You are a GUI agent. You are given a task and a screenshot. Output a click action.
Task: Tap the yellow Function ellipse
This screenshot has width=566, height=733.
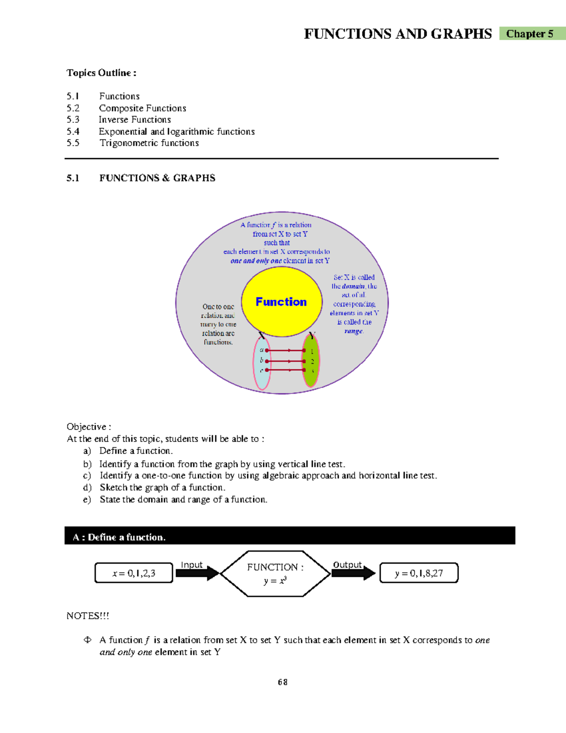coord(282,301)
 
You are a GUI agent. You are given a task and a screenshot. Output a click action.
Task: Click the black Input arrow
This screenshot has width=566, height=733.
coord(198,573)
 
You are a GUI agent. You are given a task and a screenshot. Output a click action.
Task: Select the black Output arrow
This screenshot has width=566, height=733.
coord(353,573)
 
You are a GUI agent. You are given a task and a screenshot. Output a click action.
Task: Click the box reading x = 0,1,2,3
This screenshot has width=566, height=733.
coord(134,573)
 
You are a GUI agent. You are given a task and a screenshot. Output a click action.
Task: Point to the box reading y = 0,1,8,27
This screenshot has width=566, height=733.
coord(419,573)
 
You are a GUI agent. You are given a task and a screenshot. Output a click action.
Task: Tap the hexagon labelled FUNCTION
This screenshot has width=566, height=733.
coord(275,573)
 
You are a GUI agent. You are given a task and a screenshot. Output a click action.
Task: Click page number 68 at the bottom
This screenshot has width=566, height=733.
coord(283,682)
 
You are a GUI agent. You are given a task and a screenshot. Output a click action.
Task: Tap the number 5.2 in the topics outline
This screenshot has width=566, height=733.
coord(73,108)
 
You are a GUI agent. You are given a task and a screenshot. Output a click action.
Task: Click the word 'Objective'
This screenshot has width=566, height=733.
coord(86,427)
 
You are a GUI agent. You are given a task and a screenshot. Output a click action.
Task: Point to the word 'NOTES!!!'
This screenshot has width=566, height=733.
coord(88,615)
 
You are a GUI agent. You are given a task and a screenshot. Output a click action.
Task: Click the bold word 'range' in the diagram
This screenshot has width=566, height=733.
coord(353,331)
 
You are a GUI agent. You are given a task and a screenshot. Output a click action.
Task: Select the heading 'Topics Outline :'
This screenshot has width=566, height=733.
coord(101,73)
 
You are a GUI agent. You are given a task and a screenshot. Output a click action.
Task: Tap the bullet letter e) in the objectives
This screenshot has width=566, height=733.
coord(87,499)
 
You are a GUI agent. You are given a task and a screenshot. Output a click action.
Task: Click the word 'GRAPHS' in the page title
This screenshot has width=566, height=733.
coord(461,34)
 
